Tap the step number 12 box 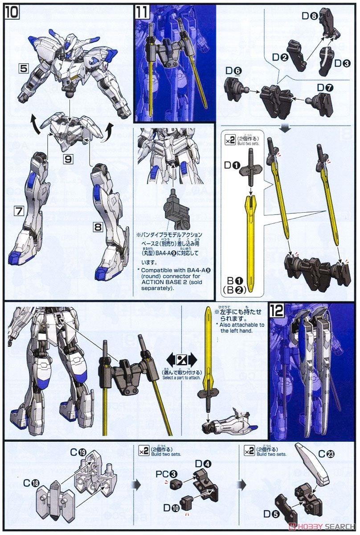pos(277,311)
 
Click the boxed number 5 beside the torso pos(24,69)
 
